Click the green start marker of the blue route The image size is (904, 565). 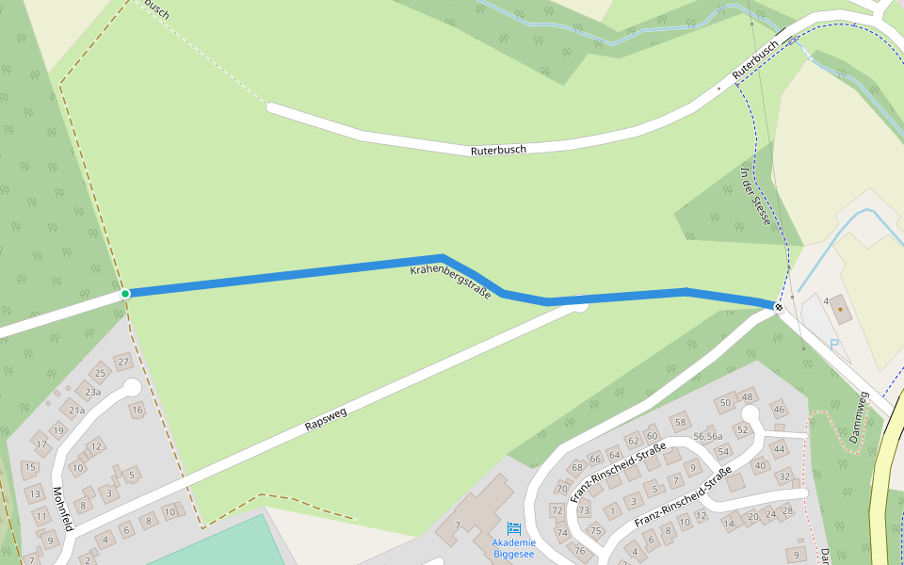tap(125, 294)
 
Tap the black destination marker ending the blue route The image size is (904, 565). tap(779, 307)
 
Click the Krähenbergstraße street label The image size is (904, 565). tap(450, 282)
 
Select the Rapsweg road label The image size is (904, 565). tap(326, 420)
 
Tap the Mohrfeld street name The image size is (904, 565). tap(62, 509)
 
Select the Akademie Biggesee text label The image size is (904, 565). tap(513, 547)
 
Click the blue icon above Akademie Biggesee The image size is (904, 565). tap(514, 528)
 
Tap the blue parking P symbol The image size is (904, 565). tap(833, 344)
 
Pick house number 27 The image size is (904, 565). tap(122, 362)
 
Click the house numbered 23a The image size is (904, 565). tap(91, 392)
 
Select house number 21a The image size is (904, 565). tap(76, 410)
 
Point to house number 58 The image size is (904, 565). tap(680, 421)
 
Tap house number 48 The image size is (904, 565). tap(748, 396)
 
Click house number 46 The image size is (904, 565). tap(779, 409)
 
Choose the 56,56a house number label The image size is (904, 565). tap(707, 436)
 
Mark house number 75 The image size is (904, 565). tap(594, 531)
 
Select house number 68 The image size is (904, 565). tap(577, 468)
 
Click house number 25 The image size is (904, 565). tap(100, 374)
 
